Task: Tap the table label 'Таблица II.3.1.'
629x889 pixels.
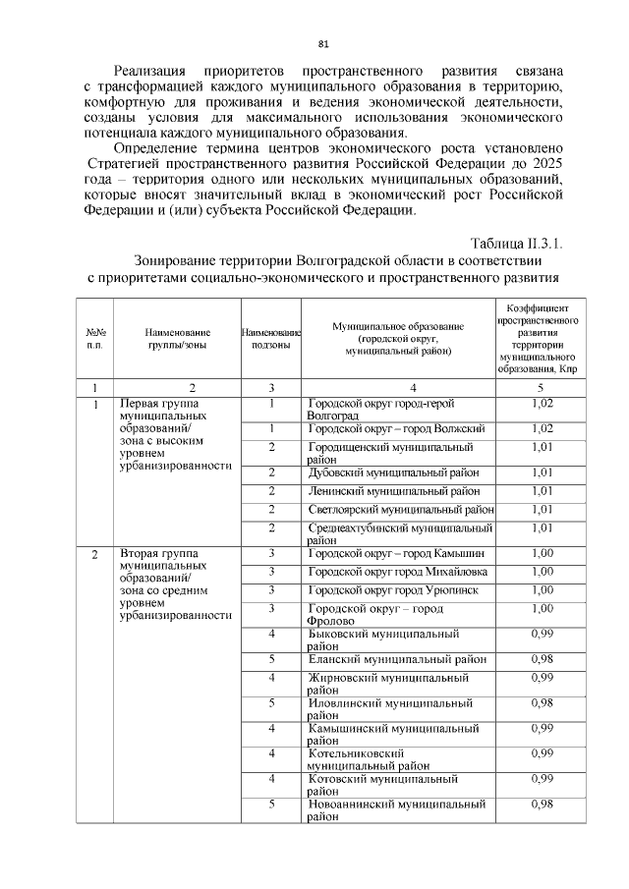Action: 516,243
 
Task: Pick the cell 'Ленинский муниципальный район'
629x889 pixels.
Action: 394,490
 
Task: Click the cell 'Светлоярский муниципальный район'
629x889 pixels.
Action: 400,509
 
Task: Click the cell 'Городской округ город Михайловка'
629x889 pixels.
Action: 398,572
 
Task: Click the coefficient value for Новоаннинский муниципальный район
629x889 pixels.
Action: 542,805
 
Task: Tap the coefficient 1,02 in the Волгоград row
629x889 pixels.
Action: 542,404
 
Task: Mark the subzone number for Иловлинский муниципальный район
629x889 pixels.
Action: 269,702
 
